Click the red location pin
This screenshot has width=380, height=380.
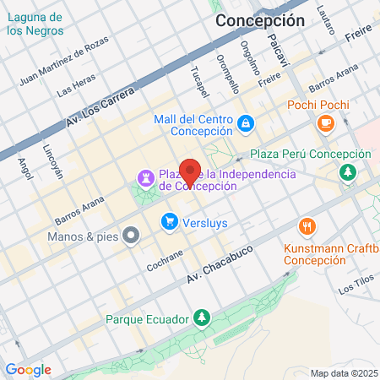tap(190, 171)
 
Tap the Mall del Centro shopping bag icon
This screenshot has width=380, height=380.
tap(245, 124)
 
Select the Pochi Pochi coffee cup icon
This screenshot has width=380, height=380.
tap(325, 123)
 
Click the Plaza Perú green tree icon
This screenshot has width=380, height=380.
tap(347, 172)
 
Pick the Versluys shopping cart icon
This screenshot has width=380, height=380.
tap(169, 222)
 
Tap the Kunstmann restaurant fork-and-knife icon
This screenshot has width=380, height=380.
tap(307, 226)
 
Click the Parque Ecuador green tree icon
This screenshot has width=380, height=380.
tap(201, 318)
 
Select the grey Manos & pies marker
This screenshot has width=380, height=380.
tap(130, 236)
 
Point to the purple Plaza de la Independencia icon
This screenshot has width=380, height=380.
tap(144, 179)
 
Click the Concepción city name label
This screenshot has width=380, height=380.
tap(259, 21)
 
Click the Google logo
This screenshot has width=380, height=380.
tap(28, 369)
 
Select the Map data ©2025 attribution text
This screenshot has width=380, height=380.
tap(342, 373)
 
